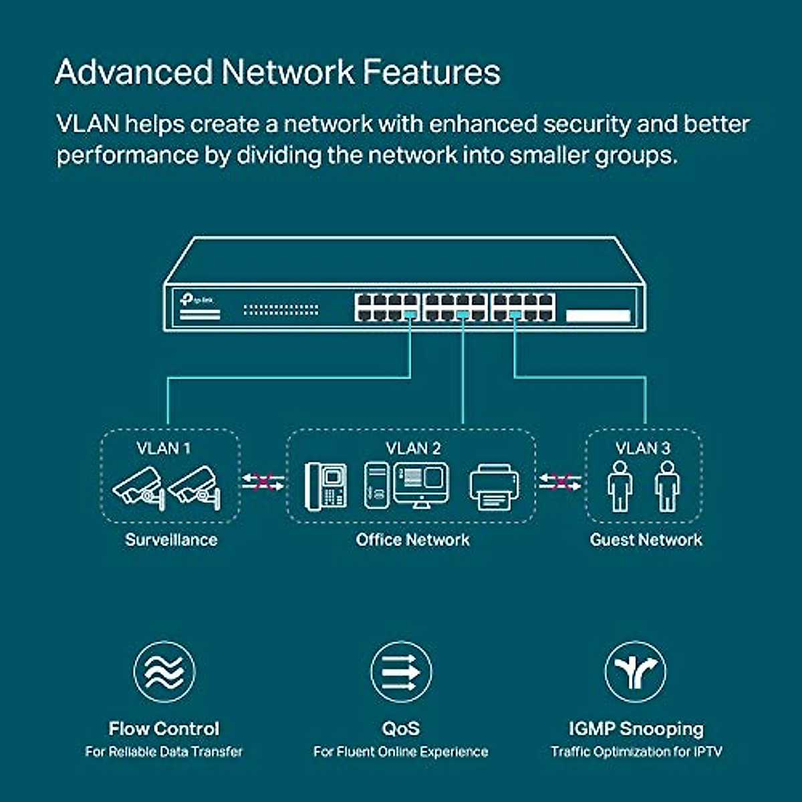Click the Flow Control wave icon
pyautogui.click(x=164, y=672)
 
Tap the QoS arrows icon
pyautogui.click(x=401, y=672)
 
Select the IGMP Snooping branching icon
pyautogui.click(x=636, y=672)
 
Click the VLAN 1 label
pyautogui.click(x=164, y=448)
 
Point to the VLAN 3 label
pyautogui.click(x=643, y=448)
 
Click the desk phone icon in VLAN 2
pyautogui.click(x=326, y=487)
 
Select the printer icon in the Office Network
pyautogui.click(x=495, y=487)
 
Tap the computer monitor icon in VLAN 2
pyautogui.click(x=421, y=484)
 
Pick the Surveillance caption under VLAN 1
pyautogui.click(x=171, y=540)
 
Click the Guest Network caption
pyautogui.click(x=646, y=540)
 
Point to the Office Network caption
pyautogui.click(x=412, y=540)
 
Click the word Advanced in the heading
pyautogui.click(x=134, y=72)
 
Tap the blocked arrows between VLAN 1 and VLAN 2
pyautogui.click(x=263, y=482)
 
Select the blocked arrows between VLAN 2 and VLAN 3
pyautogui.click(x=560, y=482)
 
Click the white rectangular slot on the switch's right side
pyautogui.click(x=598, y=315)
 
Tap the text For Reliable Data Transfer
pyautogui.click(x=164, y=752)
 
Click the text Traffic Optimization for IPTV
pyautogui.click(x=636, y=752)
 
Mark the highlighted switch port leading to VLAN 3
pyautogui.click(x=515, y=313)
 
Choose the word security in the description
pyautogui.click(x=587, y=124)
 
